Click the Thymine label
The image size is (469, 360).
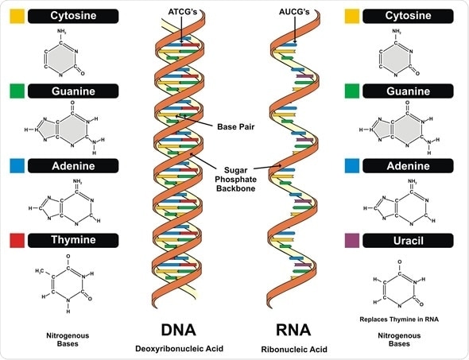(x=73, y=240)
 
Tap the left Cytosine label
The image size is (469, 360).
(x=73, y=14)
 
